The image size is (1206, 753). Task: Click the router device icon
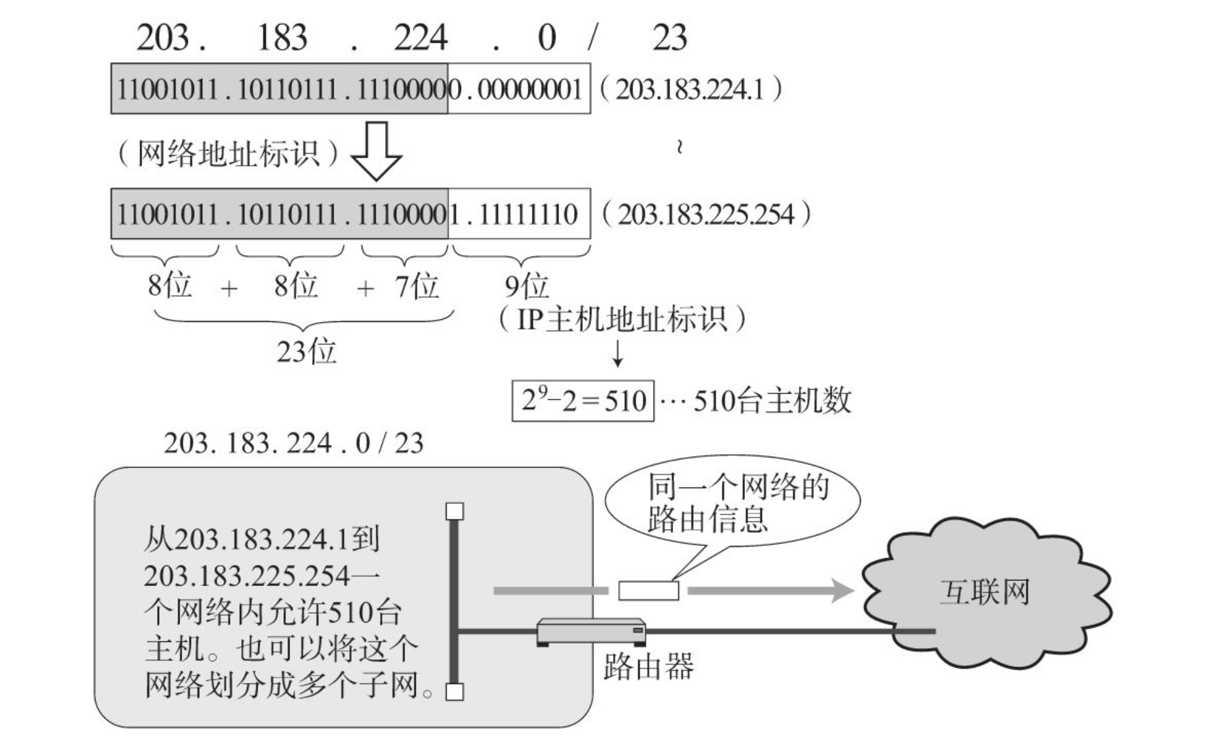click(x=592, y=632)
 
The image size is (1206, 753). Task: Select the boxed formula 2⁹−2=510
click(x=583, y=400)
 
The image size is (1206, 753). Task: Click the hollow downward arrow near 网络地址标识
click(x=376, y=151)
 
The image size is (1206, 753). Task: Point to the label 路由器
click(x=648, y=666)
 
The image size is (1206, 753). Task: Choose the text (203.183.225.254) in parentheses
click(x=707, y=215)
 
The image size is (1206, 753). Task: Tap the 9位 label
click(x=526, y=286)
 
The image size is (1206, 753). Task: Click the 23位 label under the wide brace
click(x=307, y=351)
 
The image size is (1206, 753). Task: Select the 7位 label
click(x=416, y=286)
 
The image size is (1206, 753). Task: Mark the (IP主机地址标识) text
click(x=622, y=319)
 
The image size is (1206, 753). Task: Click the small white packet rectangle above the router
click(x=648, y=590)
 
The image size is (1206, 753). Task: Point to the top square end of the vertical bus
click(x=455, y=511)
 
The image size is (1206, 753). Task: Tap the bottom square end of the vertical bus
click(x=455, y=692)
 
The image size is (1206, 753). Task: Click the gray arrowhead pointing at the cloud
click(x=842, y=590)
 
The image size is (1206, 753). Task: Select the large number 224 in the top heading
click(x=421, y=38)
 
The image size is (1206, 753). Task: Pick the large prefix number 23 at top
click(x=670, y=38)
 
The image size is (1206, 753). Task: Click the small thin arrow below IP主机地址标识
click(x=618, y=354)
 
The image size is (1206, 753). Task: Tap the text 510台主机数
click(x=772, y=400)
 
